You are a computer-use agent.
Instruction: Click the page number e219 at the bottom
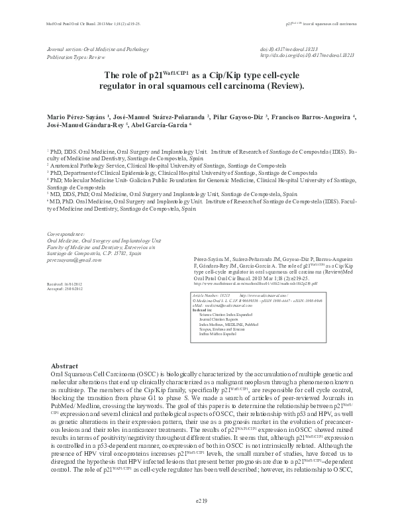(x=197, y=501)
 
